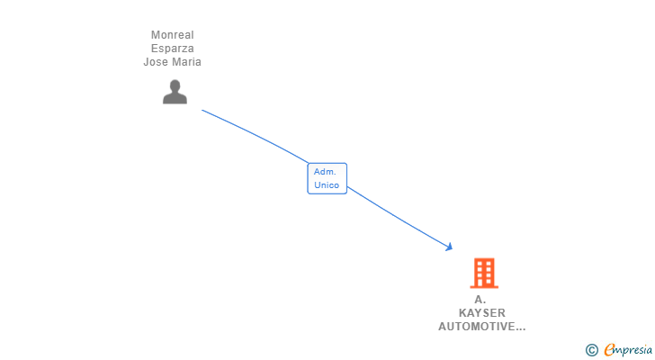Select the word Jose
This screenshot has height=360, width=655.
point(157,62)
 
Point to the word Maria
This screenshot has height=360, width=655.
point(186,62)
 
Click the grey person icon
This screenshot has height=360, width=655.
point(175,92)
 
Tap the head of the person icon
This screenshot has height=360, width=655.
point(175,85)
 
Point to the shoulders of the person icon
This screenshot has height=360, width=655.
point(175,98)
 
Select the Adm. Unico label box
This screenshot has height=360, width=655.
point(327,178)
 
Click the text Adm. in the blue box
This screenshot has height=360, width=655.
point(324,171)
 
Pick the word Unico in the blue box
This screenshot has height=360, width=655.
point(327,185)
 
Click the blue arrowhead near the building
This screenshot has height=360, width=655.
point(448,247)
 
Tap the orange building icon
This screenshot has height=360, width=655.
point(484,273)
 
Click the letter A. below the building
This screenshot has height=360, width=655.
point(480,299)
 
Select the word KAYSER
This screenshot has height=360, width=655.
point(482,312)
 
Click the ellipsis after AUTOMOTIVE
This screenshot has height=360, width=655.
point(518,328)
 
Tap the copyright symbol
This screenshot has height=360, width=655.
point(591,349)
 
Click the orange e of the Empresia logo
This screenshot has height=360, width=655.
point(609,349)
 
